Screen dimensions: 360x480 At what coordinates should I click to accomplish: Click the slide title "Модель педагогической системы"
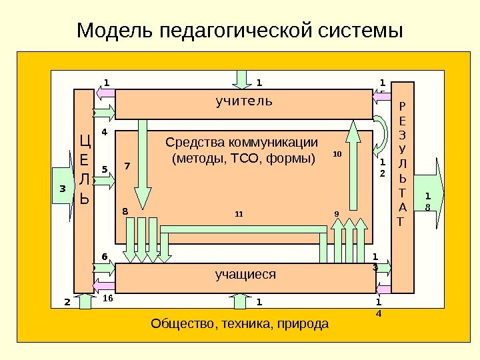point(240,31)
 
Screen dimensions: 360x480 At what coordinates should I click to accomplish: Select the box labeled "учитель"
point(244,103)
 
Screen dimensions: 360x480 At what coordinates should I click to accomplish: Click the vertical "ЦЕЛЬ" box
point(84,169)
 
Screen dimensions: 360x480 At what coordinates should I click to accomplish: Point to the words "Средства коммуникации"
point(241,143)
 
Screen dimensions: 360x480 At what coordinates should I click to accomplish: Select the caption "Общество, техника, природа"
point(240,324)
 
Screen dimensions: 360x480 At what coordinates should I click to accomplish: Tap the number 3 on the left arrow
point(62,189)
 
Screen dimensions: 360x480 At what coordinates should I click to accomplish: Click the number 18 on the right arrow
point(427,201)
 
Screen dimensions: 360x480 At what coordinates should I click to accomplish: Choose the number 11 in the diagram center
point(239,215)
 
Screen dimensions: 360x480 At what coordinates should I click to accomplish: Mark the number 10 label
point(337,154)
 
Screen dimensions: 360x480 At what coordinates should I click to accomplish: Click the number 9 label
point(337,214)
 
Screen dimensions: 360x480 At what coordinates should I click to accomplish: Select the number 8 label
point(124,211)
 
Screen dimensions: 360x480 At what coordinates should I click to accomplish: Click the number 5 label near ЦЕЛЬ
point(104,169)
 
